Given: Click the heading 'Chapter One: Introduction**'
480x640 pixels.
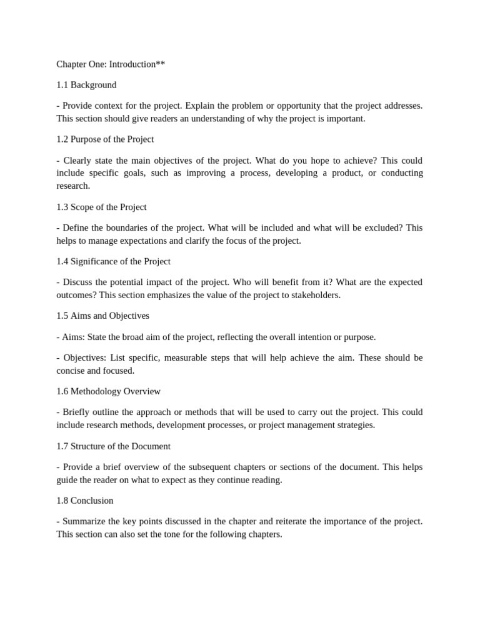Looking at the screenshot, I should (x=111, y=64).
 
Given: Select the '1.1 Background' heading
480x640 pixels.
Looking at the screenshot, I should (x=86, y=85).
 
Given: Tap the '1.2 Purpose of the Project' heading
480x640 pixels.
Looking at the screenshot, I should (x=105, y=139).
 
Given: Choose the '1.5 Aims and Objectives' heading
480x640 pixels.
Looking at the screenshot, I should (x=102, y=316).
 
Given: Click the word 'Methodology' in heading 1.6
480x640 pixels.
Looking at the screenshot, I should (x=96, y=391).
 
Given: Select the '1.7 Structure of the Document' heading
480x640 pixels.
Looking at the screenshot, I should (x=113, y=446).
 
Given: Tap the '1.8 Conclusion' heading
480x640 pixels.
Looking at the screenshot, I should (x=85, y=501).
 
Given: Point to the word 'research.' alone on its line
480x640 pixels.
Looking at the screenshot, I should (x=73, y=186).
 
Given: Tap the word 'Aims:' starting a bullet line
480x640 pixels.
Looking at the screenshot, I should (x=74, y=337).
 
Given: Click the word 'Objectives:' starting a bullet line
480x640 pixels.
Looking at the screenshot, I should (x=85, y=357).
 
